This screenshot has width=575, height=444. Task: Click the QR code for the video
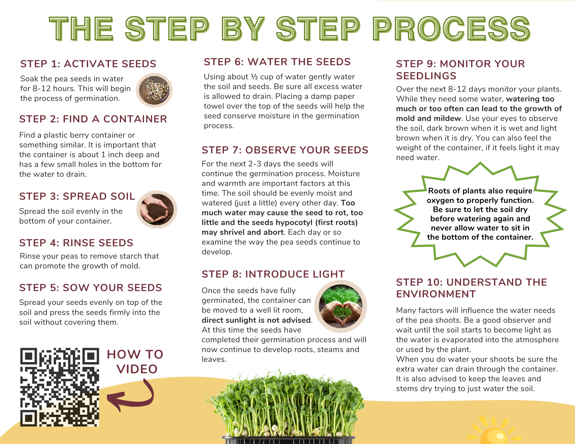(60, 387)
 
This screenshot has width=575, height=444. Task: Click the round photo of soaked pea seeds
(154, 90)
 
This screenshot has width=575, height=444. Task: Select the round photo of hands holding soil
(157, 209)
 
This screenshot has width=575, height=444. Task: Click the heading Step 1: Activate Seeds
(88, 64)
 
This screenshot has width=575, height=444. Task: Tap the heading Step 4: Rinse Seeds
(76, 243)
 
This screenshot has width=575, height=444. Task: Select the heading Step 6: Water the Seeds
(277, 62)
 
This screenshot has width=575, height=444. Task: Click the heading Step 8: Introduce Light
(273, 274)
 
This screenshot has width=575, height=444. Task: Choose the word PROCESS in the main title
(451, 28)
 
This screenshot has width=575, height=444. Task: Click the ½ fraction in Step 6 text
(254, 77)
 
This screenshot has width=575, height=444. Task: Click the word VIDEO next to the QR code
(137, 369)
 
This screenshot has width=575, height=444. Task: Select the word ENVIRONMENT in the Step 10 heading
(436, 294)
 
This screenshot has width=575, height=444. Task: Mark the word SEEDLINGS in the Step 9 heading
(426, 76)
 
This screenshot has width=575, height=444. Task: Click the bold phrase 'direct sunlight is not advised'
(256, 320)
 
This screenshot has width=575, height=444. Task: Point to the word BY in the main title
(243, 28)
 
